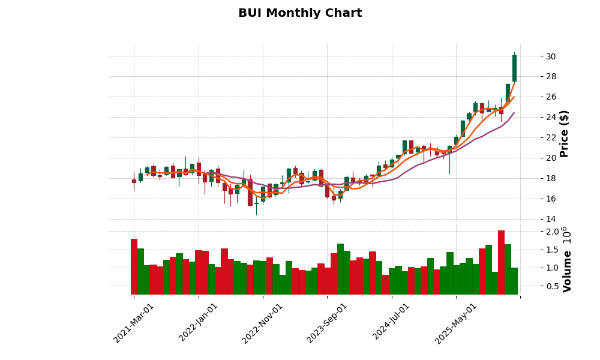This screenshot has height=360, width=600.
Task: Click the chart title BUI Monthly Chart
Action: [300, 13]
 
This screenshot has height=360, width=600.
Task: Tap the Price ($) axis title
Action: [564, 133]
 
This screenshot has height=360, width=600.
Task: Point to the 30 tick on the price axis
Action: [550, 56]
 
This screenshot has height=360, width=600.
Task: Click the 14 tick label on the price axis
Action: [550, 219]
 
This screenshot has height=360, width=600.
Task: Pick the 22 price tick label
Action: [550, 137]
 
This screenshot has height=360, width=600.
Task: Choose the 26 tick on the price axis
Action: [550, 97]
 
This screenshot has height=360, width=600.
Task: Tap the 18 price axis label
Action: [550, 178]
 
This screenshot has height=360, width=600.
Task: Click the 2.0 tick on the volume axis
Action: [552, 232]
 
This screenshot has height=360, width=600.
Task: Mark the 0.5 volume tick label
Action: [552, 286]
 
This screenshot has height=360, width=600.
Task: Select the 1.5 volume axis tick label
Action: [552, 250]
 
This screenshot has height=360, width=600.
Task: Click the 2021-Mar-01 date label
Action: [134, 323]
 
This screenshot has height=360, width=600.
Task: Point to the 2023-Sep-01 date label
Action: [328, 323]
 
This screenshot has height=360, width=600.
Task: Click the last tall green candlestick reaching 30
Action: [514, 68]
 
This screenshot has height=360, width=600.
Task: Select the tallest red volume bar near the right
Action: [501, 262]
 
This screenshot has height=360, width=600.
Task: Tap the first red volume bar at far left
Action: [134, 266]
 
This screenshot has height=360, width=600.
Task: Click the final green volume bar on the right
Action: [514, 281]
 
